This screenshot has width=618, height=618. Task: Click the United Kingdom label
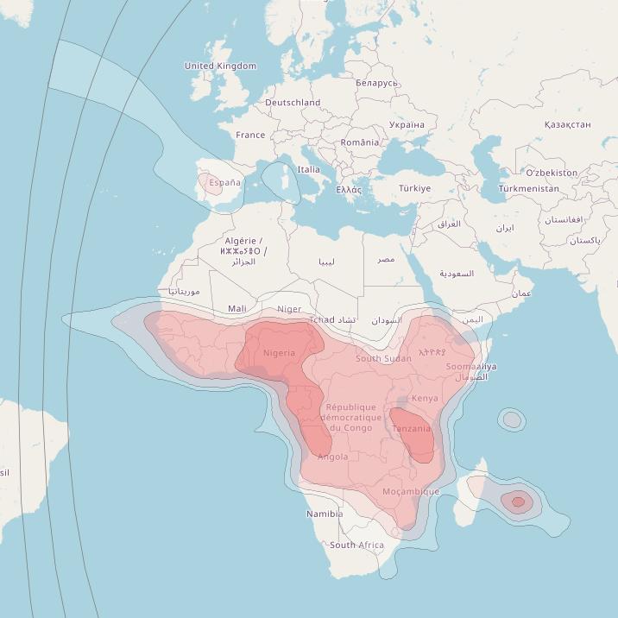coord(220,66)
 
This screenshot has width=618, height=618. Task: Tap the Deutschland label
coord(293,102)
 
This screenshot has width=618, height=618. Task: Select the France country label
coord(250,135)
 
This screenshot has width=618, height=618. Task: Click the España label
coord(224,183)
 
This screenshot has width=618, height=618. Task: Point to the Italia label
coord(308,170)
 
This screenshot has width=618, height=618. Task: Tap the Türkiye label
coord(414,188)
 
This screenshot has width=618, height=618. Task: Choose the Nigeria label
coord(279,353)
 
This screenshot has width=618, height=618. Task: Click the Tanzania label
coord(411,428)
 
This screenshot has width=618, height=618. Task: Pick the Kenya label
coord(425,398)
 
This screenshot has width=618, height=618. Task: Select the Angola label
coord(333,457)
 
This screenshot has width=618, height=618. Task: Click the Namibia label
coord(325,514)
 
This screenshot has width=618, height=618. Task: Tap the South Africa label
coord(356,545)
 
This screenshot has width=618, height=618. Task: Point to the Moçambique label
coord(411,492)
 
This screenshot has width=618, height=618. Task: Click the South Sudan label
coord(383,358)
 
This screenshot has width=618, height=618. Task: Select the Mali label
coord(236,308)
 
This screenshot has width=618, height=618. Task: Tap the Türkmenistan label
coord(528,188)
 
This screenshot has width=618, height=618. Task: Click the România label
coord(359,142)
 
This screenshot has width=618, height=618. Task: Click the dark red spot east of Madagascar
coord(518,501)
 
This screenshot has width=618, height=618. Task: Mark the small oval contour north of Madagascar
coord(512,420)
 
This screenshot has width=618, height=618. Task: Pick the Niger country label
coord(289,309)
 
